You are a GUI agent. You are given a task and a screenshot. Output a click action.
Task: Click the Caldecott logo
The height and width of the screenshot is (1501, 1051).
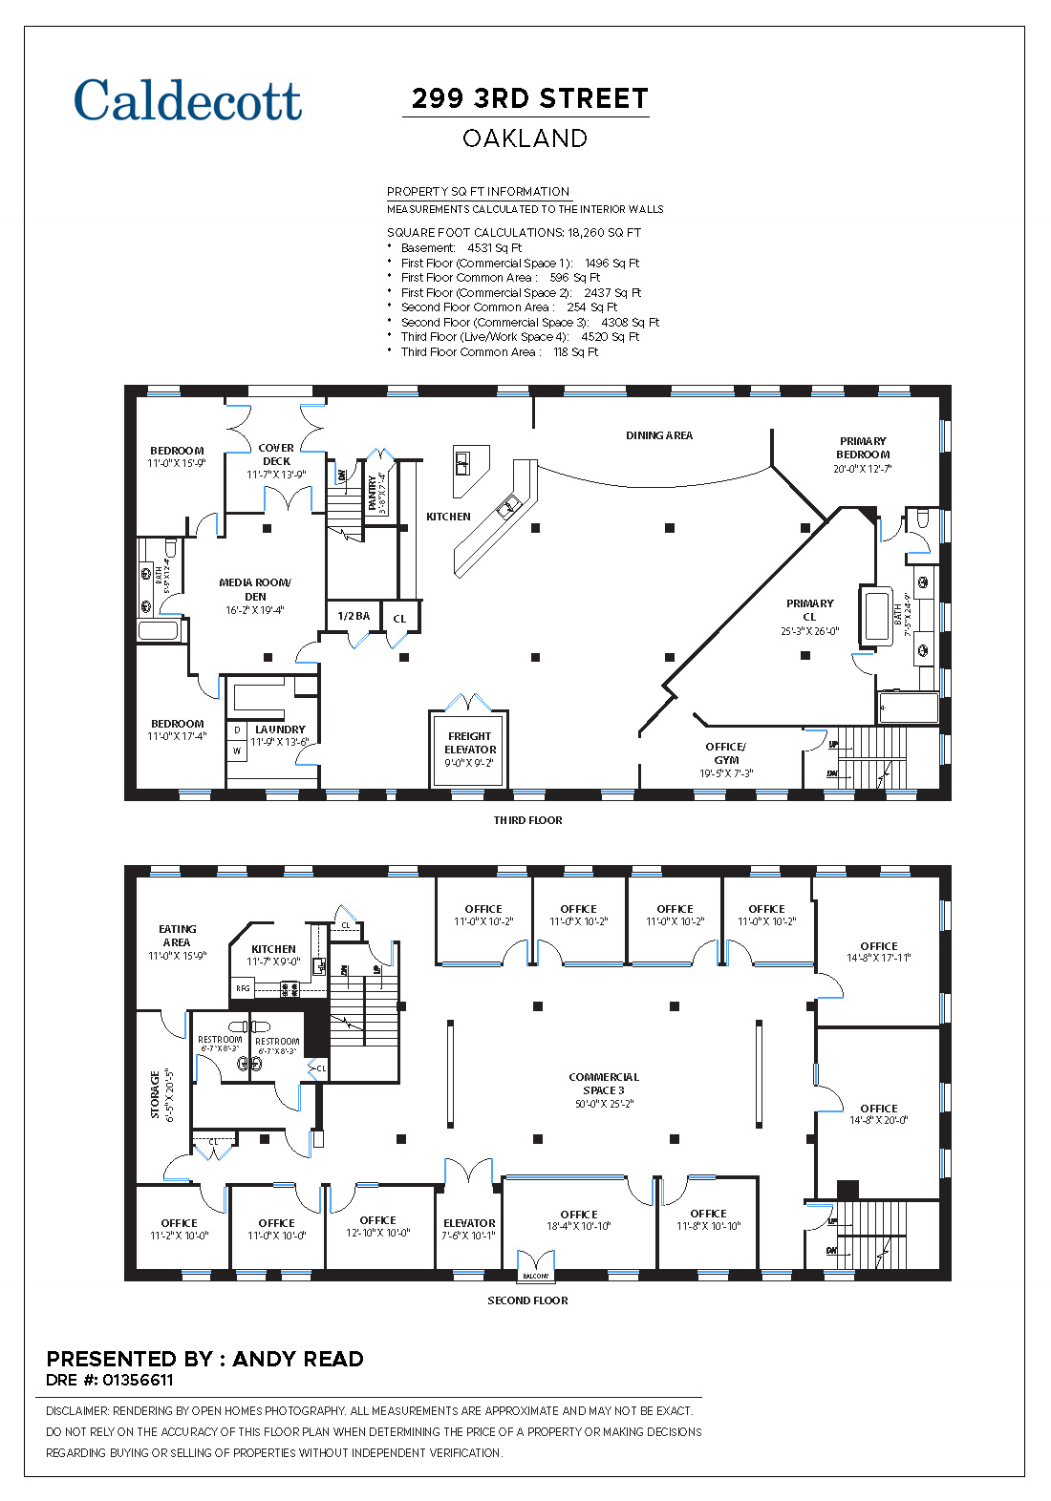coord(187,100)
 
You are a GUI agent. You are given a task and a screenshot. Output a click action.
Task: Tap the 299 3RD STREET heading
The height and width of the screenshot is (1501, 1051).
coord(529,98)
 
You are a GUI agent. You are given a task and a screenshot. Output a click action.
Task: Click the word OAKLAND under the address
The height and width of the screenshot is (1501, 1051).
coord(525,138)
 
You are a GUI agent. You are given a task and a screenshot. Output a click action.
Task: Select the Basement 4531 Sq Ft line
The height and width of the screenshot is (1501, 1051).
coord(461,248)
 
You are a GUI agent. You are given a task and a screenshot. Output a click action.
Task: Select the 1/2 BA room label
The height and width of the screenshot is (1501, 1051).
coord(354,616)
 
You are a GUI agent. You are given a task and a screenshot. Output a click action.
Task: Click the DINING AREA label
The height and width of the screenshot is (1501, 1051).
coord(659,435)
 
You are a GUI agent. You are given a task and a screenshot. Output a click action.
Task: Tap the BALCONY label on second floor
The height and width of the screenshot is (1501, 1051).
coord(535,1276)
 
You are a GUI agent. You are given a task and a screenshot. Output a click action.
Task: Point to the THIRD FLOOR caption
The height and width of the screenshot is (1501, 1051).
coord(527,820)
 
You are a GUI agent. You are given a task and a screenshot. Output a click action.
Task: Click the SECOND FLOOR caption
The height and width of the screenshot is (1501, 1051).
coord(527,1300)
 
